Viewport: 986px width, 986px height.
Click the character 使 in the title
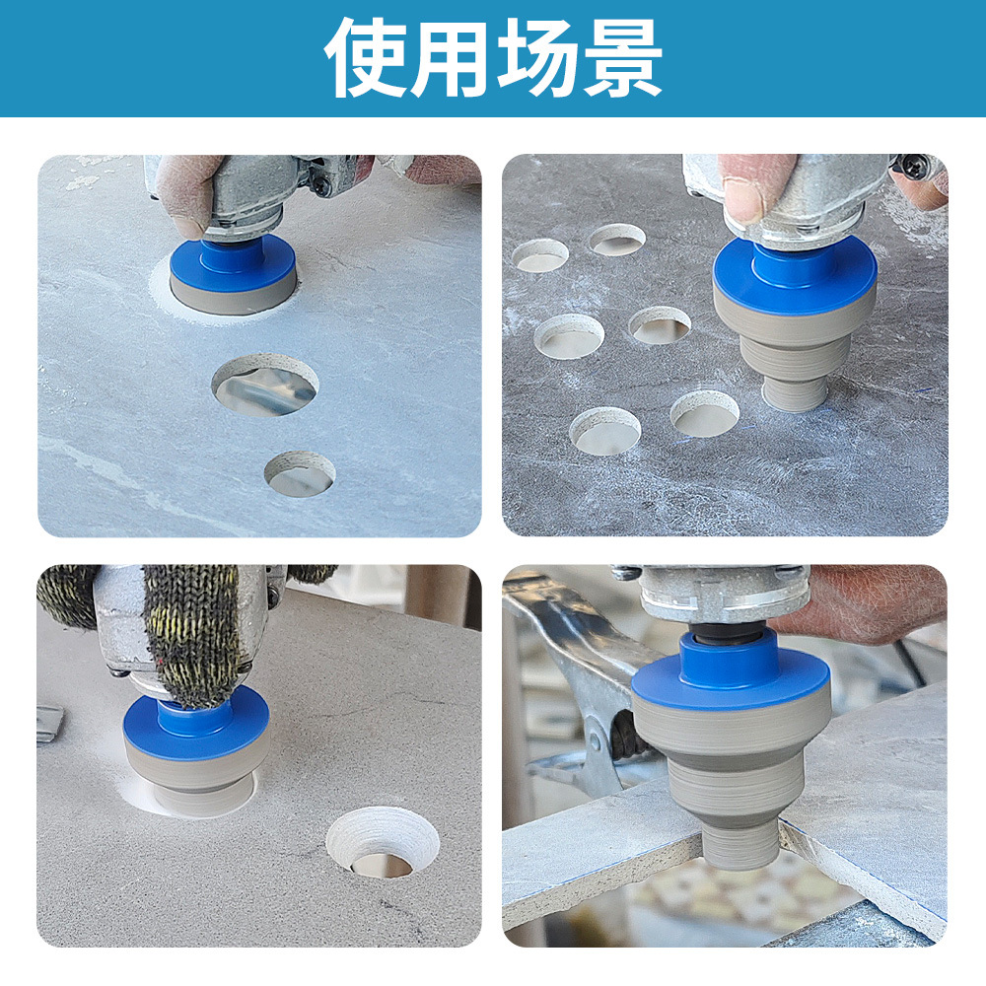[x=368, y=56]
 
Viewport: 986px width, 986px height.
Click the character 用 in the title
[x=453, y=56]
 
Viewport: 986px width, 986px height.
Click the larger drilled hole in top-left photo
[x=265, y=385]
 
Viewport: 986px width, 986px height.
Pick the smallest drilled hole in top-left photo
[x=300, y=474]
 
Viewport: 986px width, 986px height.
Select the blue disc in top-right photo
[x=795, y=273]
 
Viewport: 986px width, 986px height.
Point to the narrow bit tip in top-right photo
[x=795, y=392]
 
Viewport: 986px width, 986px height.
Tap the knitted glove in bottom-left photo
[x=192, y=631]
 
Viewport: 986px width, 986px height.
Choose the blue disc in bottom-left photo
[x=196, y=725]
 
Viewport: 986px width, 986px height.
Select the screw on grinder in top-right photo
[x=915, y=168]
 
